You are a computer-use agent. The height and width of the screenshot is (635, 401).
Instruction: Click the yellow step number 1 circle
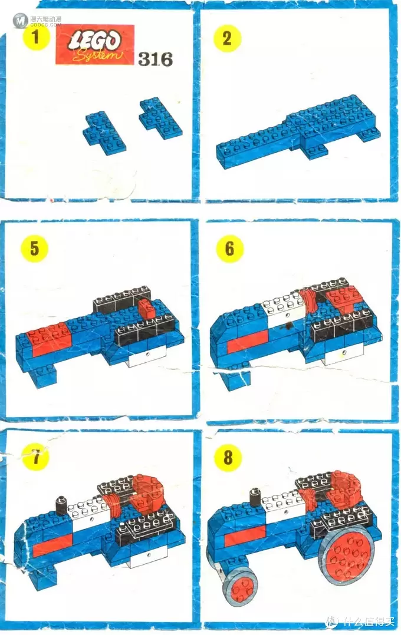36,37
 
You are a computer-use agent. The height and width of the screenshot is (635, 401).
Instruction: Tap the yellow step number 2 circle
227,38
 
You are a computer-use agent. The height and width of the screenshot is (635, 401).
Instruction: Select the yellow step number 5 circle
34,248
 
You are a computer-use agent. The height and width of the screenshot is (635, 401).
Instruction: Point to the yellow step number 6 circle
229,248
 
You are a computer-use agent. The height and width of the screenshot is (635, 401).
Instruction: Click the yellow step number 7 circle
36,457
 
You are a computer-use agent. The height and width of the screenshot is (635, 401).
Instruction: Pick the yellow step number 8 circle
228,458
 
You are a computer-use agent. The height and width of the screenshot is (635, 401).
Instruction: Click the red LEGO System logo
95,45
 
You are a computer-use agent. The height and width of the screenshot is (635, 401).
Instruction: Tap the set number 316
155,59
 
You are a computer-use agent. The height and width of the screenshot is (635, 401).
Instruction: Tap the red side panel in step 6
247,340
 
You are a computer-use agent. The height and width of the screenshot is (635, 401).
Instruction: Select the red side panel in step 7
52,545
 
